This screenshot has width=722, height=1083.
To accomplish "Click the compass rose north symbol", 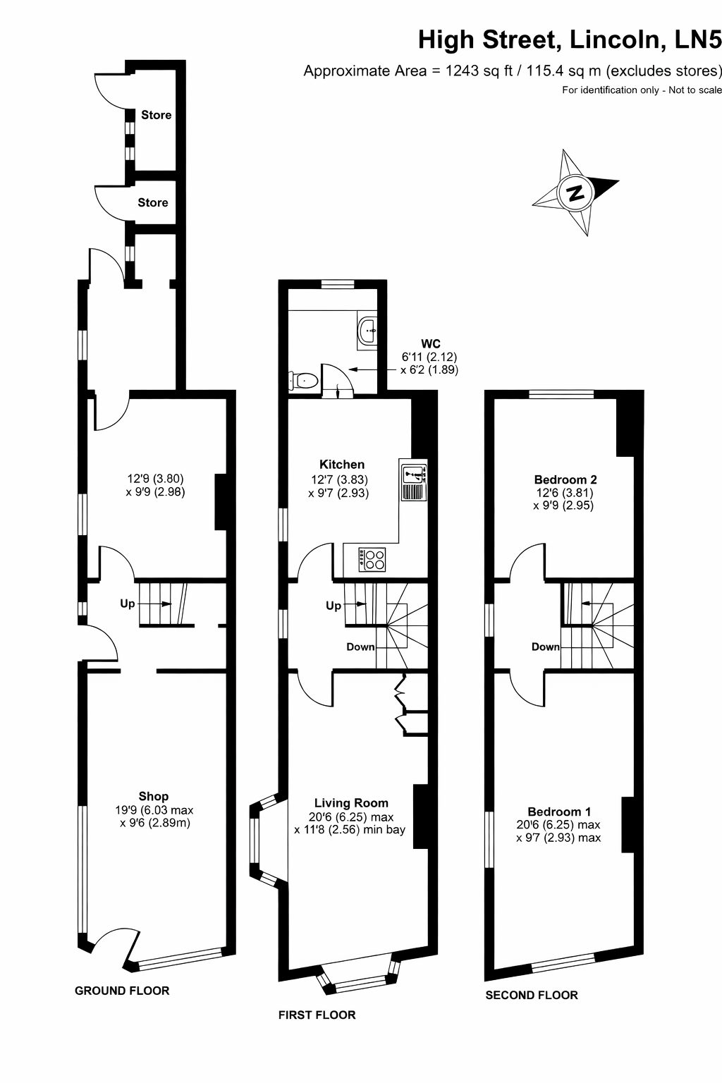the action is [x=575, y=193].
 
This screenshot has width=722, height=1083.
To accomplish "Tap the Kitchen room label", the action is [x=342, y=464].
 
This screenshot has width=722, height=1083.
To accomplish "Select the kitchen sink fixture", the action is [x=413, y=479].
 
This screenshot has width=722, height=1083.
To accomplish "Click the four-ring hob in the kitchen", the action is [x=372, y=559].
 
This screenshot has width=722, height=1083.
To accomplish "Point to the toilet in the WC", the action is [x=302, y=381].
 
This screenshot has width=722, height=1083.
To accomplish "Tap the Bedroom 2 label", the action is [x=565, y=479].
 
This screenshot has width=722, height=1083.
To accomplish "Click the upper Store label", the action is [x=157, y=115].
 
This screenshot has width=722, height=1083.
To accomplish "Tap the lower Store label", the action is [x=153, y=202].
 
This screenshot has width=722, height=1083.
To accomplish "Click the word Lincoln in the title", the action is [x=615, y=39].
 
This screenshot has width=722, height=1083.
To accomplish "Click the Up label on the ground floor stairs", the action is [x=128, y=604].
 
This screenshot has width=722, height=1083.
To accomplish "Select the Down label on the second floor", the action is [x=546, y=647].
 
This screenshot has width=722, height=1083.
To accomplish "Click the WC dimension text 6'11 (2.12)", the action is [x=429, y=357].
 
